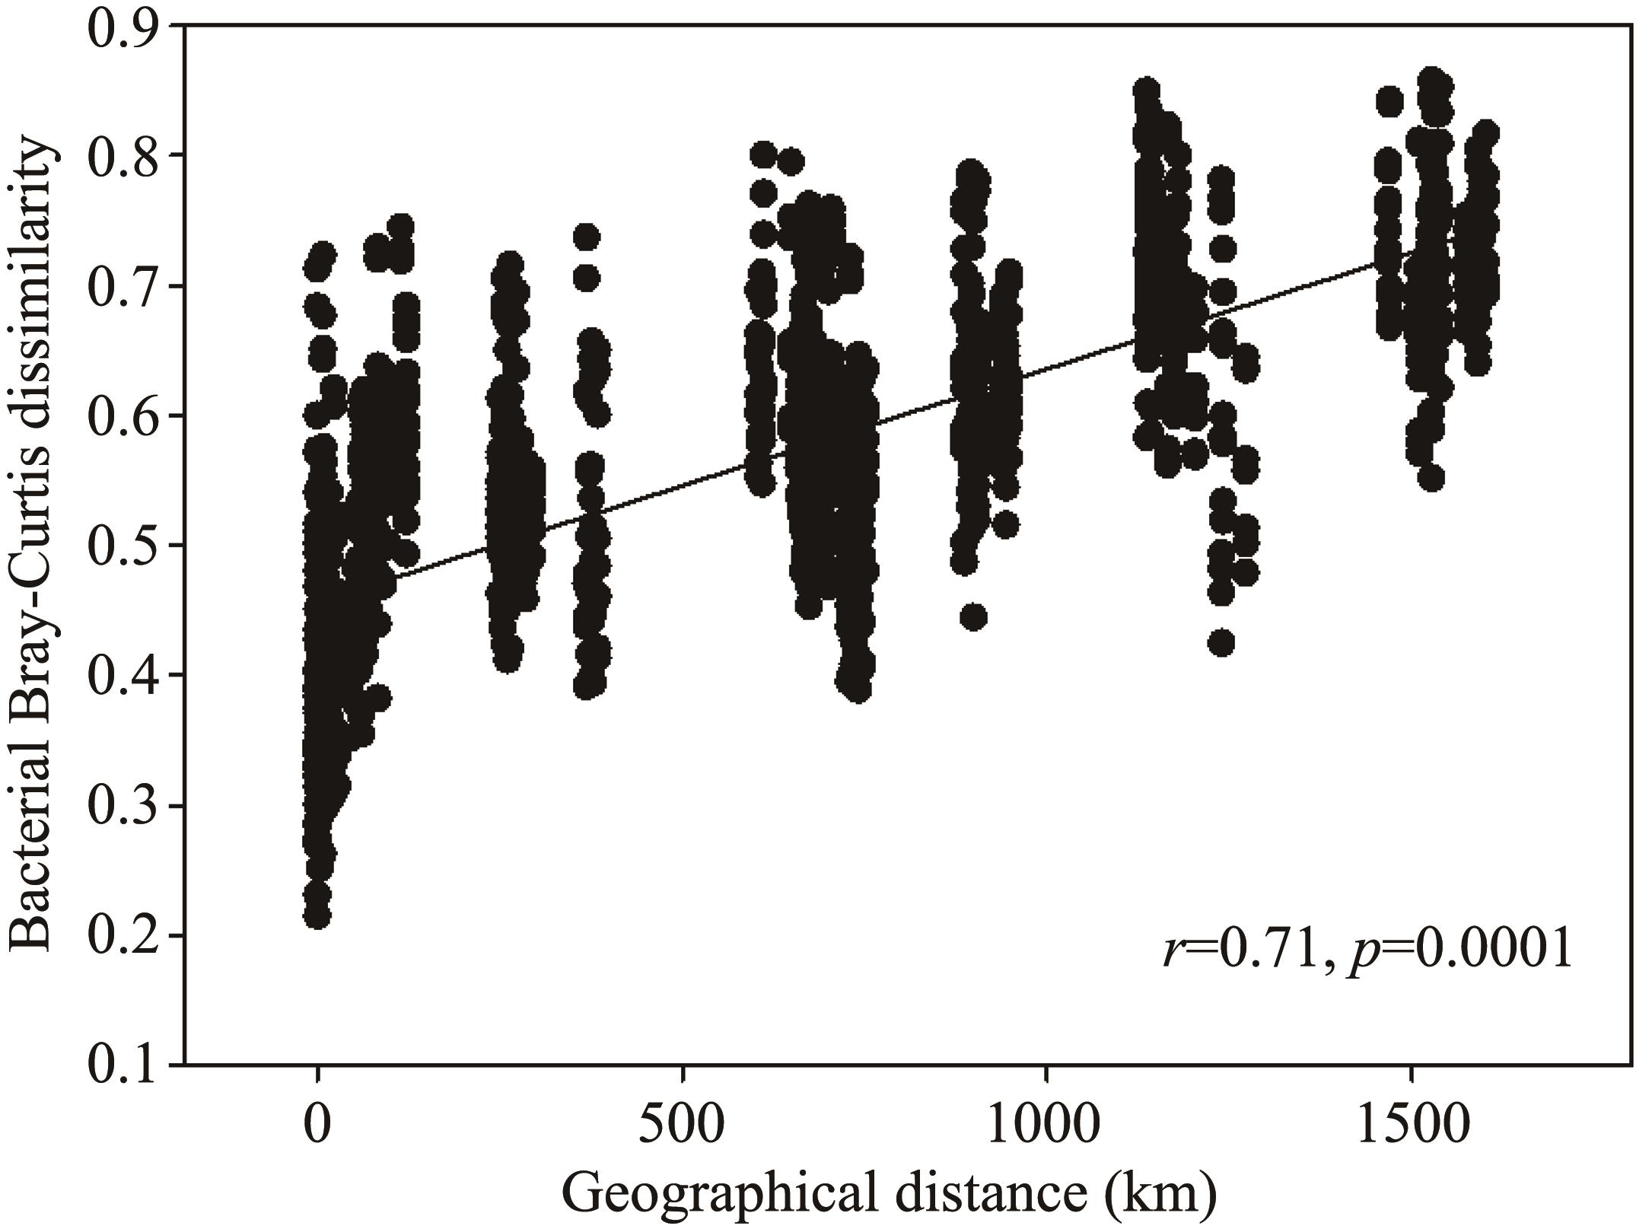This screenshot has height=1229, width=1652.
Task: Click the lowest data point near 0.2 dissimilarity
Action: click(x=317, y=916)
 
